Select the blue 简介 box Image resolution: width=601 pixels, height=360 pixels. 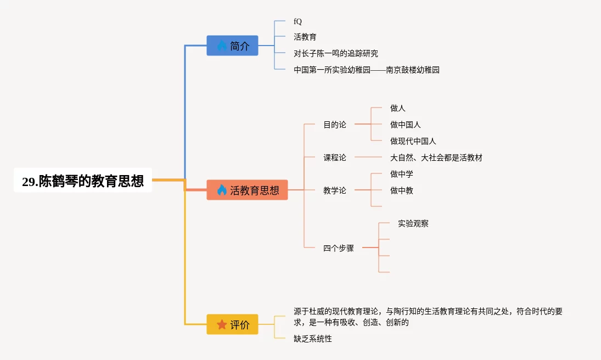click(x=232, y=46)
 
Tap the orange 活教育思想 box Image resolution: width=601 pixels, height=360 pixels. click(x=247, y=190)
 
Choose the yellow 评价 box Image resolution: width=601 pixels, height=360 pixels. click(x=232, y=324)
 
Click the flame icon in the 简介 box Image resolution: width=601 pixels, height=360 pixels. click(x=222, y=46)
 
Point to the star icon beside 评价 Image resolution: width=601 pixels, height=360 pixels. click(x=222, y=324)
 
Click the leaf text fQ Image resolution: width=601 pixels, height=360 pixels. click(x=298, y=21)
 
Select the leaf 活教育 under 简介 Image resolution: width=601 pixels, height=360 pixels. click(x=305, y=37)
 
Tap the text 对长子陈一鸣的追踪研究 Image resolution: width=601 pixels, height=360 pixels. click(x=336, y=54)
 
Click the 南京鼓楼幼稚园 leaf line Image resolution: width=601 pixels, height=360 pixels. click(x=367, y=70)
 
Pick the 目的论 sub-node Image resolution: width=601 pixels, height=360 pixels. click(x=335, y=125)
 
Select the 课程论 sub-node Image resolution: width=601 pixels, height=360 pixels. click(x=335, y=157)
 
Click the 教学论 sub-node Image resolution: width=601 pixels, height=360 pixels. click(x=335, y=190)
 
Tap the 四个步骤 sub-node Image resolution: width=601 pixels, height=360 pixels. click(x=339, y=248)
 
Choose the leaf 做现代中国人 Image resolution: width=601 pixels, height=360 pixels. click(x=413, y=141)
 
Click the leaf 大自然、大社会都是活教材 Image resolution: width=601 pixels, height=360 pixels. click(x=436, y=157)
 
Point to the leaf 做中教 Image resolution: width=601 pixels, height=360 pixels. click(x=402, y=190)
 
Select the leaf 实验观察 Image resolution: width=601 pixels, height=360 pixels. click(x=413, y=223)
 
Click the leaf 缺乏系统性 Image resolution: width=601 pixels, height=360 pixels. click(x=313, y=339)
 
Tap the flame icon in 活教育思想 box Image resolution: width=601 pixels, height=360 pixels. click(x=222, y=190)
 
